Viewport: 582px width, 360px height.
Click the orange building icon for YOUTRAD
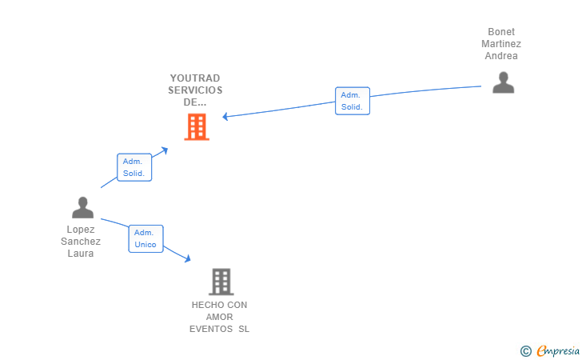point(197,126)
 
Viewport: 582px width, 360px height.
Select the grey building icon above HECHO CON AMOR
point(221,282)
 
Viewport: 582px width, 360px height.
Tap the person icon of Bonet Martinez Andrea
point(503,82)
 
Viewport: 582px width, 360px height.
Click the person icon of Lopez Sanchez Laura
point(82,207)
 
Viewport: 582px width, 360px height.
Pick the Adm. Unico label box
point(145,238)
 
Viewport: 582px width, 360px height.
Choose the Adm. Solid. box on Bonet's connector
point(352,101)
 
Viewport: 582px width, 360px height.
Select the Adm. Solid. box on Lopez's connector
point(134,167)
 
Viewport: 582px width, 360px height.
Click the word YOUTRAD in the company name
point(195,78)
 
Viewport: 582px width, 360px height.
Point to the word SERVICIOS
point(195,90)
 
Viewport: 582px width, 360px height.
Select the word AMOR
point(219,317)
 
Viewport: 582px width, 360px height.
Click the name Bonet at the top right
point(501,32)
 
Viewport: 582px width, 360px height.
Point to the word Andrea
point(501,56)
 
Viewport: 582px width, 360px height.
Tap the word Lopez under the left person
point(81,230)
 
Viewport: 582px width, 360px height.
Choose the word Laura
point(81,254)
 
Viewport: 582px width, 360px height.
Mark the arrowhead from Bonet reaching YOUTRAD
point(226,117)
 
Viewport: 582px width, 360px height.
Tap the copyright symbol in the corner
point(525,350)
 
